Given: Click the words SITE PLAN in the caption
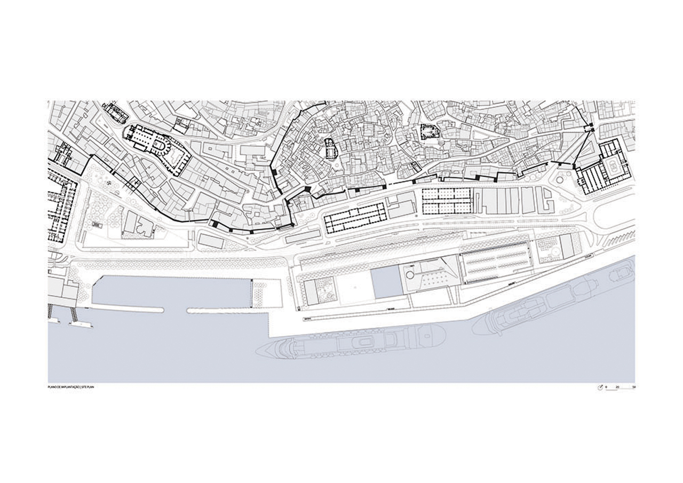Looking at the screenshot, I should point(87,386).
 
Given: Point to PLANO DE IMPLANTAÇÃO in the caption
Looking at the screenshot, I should point(63,386).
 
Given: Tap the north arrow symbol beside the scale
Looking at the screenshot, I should point(600,387).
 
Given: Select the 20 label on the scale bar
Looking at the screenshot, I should point(617,387).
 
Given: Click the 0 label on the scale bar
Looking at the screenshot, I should point(606,387).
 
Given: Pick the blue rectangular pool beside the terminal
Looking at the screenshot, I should point(386,283).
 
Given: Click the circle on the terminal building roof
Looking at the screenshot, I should point(409,274).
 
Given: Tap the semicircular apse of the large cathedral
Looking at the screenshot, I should point(160,144).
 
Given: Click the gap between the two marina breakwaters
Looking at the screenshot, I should point(176,310).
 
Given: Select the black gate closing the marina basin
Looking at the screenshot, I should point(251,294).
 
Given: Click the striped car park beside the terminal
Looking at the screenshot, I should point(496,263).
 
